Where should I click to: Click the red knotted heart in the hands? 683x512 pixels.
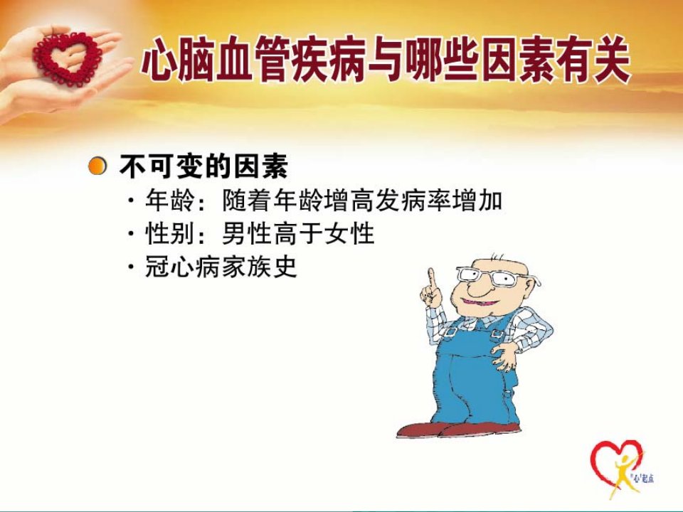(x=68, y=57)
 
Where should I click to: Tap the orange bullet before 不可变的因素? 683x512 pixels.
(x=97, y=166)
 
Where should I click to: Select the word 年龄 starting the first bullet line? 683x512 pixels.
(x=170, y=201)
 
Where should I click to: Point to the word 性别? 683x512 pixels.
(x=170, y=233)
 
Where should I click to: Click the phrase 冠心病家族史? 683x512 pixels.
(x=221, y=266)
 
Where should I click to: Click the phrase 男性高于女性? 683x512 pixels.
(x=298, y=233)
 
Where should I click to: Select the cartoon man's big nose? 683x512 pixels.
(x=471, y=287)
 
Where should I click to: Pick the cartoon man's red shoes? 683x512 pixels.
(x=457, y=430)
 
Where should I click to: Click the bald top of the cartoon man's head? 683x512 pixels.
(x=501, y=262)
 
